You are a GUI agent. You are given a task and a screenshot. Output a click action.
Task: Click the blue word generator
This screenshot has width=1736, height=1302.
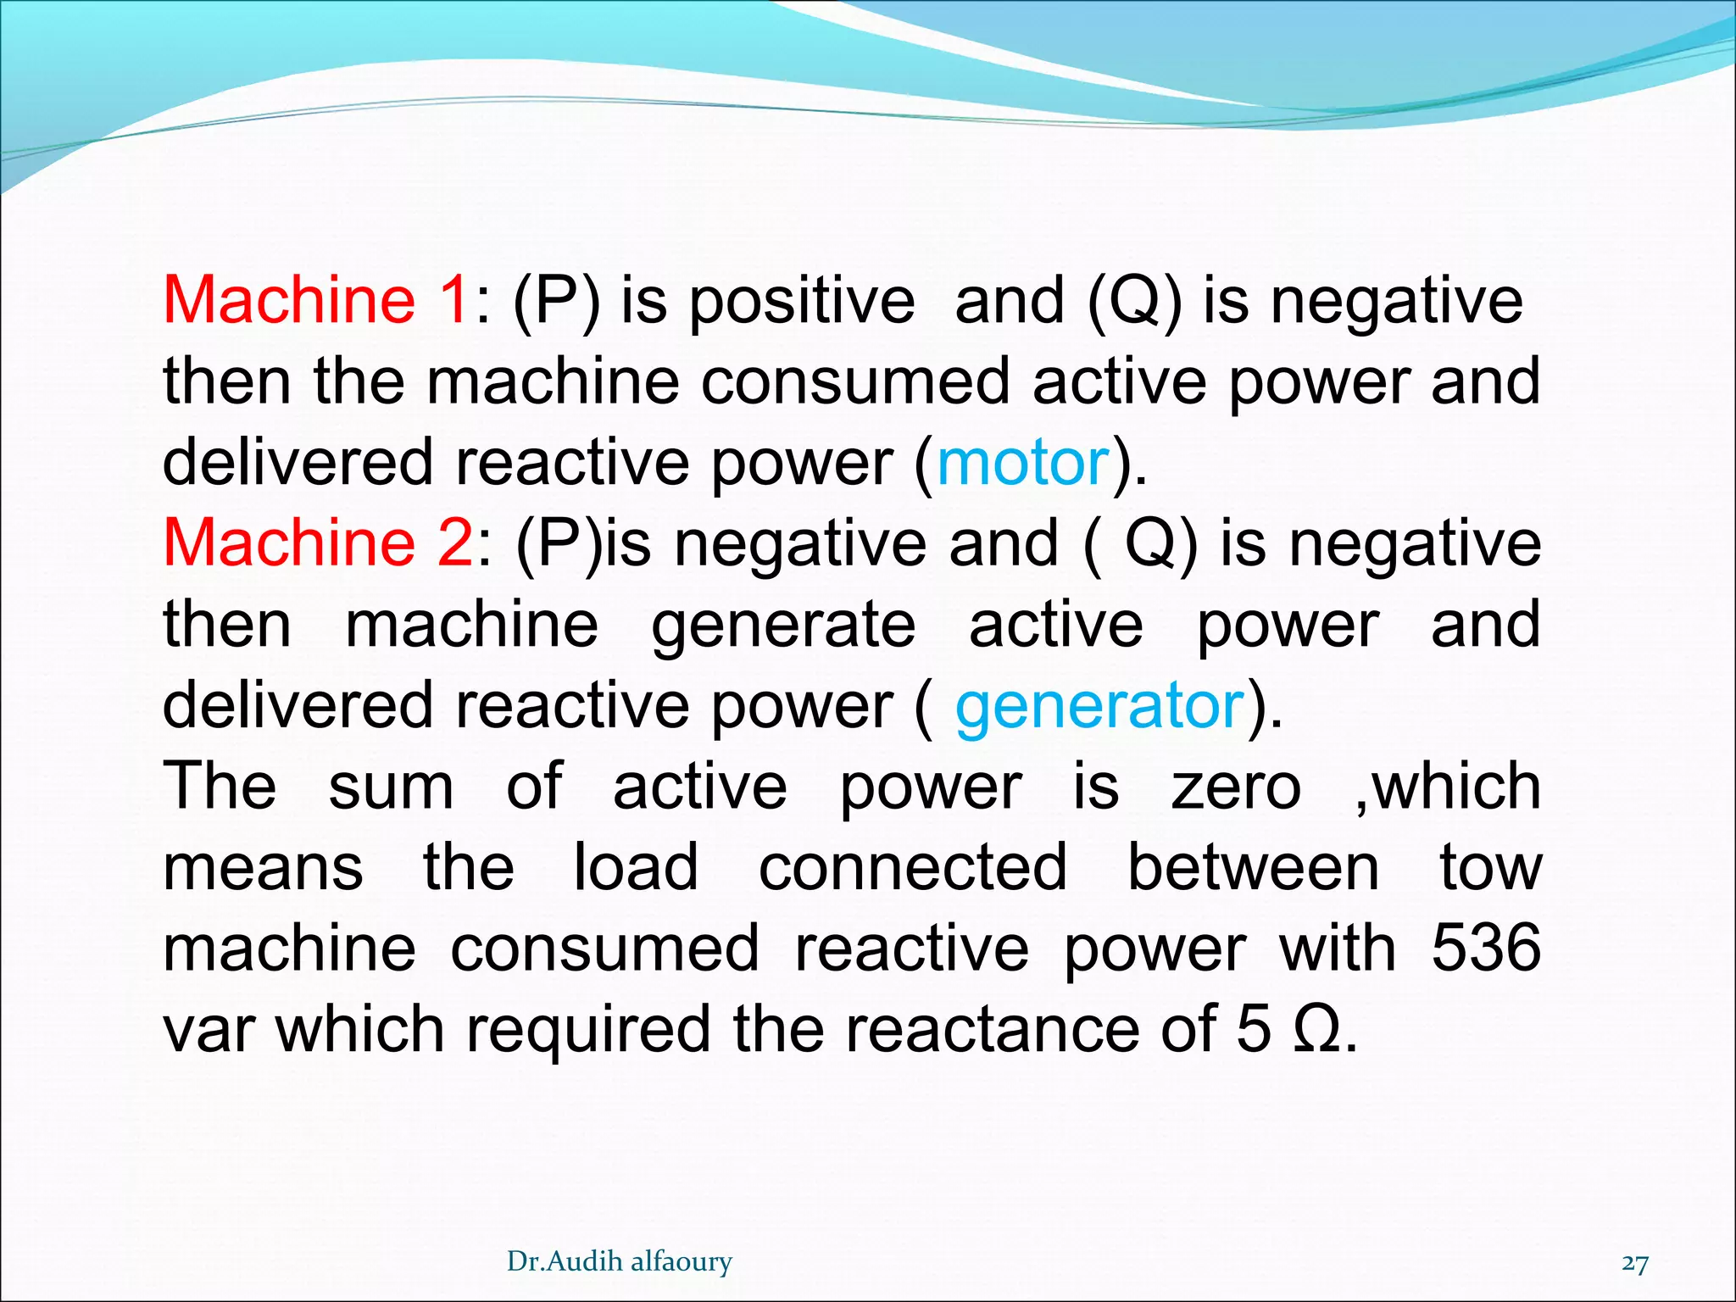pyautogui.click(x=1099, y=705)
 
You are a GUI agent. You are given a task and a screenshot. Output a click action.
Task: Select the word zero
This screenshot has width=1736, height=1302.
pyautogui.click(x=1236, y=787)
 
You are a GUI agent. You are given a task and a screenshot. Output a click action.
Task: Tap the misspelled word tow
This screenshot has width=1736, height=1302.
pyautogui.click(x=1491, y=868)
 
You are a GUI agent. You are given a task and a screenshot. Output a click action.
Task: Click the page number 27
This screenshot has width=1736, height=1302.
pyautogui.click(x=1634, y=1264)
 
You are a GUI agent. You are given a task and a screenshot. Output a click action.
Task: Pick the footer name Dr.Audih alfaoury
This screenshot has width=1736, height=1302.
pyautogui.click(x=620, y=1262)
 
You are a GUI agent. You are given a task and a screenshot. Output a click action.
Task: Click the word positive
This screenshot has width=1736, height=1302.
pyautogui.click(x=801, y=302)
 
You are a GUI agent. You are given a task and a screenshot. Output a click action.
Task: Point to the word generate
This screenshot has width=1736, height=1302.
pyautogui.click(x=783, y=626)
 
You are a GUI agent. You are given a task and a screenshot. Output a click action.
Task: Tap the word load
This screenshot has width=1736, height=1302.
pyautogui.click(x=636, y=867)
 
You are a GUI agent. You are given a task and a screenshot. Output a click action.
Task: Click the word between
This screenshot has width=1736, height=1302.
pyautogui.click(x=1253, y=867)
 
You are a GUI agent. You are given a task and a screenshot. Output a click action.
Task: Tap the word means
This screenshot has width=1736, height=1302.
pyautogui.click(x=264, y=869)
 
